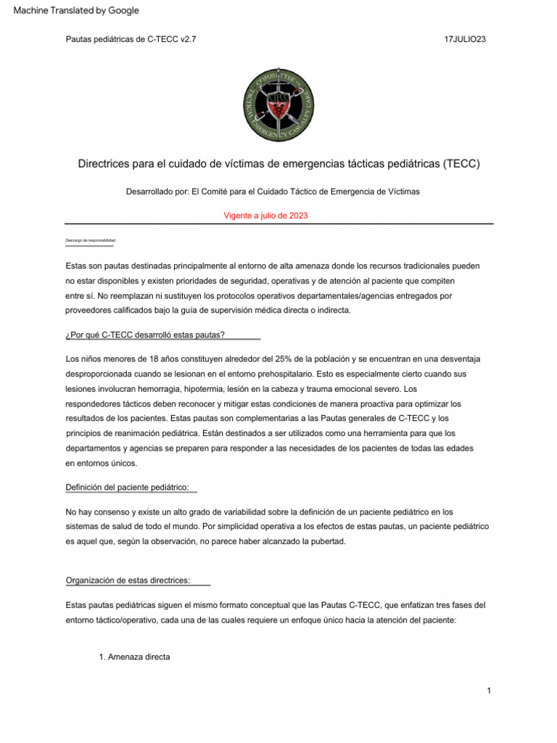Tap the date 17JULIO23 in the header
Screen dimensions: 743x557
tap(465, 39)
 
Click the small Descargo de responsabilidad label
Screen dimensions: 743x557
tap(91, 240)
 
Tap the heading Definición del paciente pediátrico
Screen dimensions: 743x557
tap(131, 488)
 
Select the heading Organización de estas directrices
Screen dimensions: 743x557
tap(128, 580)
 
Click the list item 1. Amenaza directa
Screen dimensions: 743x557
tap(134, 657)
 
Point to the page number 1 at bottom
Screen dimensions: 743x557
tap(490, 690)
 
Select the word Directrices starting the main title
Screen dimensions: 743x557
tap(105, 164)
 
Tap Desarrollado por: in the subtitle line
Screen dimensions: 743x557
tap(157, 191)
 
